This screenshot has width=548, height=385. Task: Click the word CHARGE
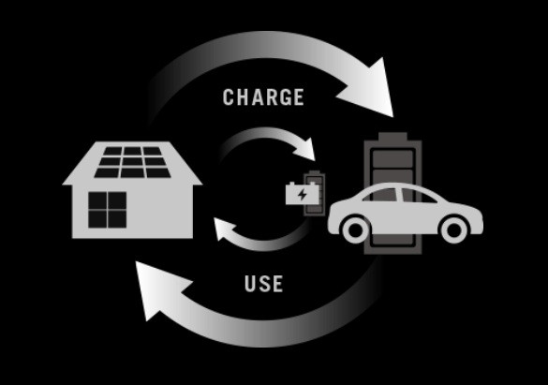[263, 96]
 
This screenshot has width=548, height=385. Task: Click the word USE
[263, 283]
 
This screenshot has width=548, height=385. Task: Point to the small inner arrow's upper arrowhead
[305, 149]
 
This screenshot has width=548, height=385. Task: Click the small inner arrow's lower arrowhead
[225, 229]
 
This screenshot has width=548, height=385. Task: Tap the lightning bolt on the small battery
[303, 194]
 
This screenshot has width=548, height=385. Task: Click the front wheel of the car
[454, 230]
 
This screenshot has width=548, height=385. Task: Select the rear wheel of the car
[356, 230]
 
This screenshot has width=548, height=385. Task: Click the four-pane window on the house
[108, 210]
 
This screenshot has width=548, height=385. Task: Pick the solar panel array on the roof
[132, 162]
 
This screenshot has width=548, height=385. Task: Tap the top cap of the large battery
[392, 137]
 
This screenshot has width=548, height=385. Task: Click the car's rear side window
[381, 195]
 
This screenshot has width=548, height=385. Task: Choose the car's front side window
[418, 195]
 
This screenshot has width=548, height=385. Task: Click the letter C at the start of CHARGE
[229, 97]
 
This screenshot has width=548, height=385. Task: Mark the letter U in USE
[250, 283]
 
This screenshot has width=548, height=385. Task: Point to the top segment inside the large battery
[392, 159]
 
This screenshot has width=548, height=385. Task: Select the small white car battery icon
[303, 193]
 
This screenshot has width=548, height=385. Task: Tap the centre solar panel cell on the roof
[132, 162]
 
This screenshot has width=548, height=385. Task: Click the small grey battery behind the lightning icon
[315, 193]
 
